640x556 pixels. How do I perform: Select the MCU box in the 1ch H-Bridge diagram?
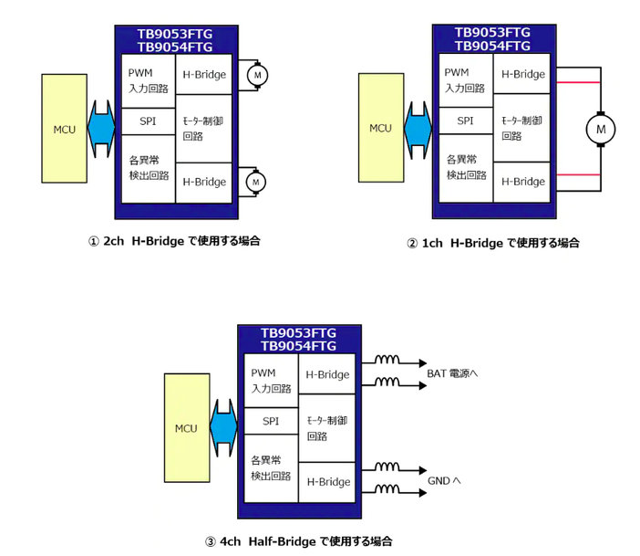pos(380,128)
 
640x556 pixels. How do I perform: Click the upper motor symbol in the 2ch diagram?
pos(255,74)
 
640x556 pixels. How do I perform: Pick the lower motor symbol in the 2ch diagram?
pos(255,182)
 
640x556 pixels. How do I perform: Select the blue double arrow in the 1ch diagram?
pos(418,129)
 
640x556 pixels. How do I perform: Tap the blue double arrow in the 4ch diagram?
pos(224,428)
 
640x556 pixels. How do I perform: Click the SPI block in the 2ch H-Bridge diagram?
pos(150,121)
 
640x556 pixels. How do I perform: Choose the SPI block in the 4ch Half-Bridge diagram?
pos(271,421)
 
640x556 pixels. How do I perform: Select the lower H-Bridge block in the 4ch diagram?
pos(328,481)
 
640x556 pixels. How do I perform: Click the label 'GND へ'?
pos(447,480)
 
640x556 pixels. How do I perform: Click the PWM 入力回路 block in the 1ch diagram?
pos(465,80)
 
